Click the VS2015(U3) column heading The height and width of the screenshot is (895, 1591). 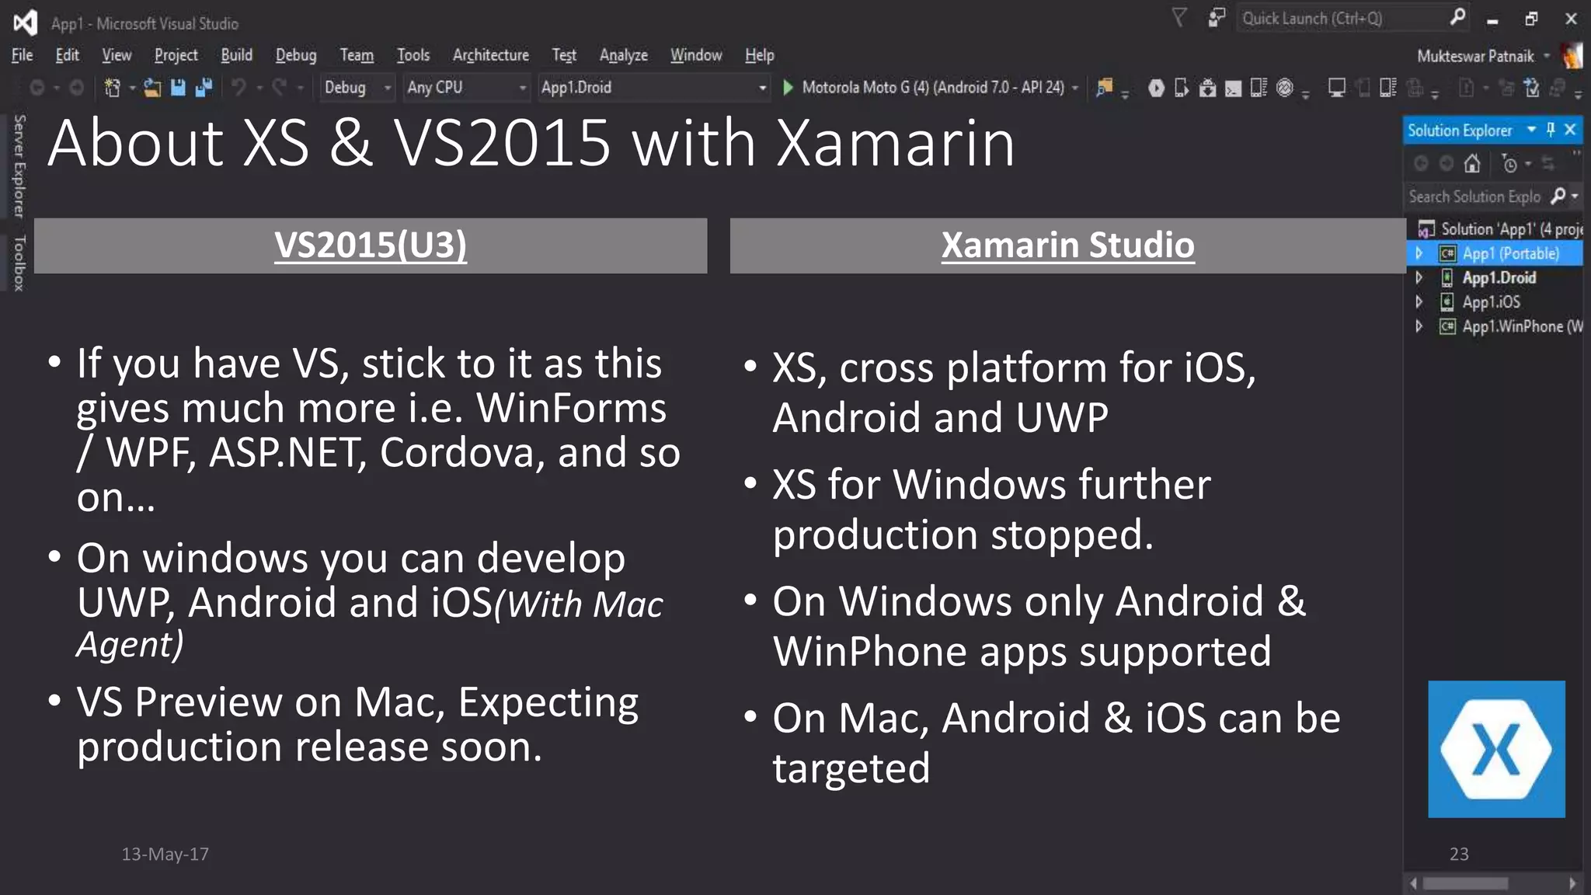coord(371,246)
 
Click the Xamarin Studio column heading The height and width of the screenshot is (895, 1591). coord(1067,246)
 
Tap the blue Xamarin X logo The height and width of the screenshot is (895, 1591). coord(1495,749)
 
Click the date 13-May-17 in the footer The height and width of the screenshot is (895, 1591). coord(165,854)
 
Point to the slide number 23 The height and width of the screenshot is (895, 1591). coord(1458,854)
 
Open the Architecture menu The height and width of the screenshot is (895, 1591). coord(490,55)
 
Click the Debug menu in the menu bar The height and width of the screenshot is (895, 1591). coord(295,55)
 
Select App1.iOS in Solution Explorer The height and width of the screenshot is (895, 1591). coord(1490,302)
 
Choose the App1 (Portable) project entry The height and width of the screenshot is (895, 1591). coord(1509,254)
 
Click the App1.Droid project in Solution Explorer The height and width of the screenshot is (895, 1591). coord(1499,278)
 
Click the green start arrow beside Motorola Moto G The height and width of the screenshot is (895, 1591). coord(788,88)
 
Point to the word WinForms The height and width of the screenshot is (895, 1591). coord(571,408)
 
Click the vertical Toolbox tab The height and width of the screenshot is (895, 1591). coord(19,263)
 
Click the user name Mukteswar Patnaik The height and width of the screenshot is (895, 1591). coord(1474,56)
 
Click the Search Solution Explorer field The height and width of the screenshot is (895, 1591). coord(1474,197)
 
